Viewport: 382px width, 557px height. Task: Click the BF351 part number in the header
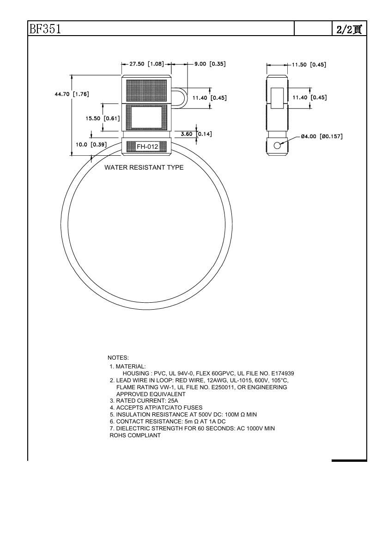(45, 29)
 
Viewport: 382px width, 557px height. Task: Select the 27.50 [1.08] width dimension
(146, 64)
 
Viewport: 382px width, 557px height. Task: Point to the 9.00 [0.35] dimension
(210, 64)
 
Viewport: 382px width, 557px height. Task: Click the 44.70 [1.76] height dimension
(72, 94)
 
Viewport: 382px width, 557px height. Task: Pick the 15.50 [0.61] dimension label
(103, 118)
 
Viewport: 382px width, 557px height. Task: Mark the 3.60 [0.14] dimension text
(196, 134)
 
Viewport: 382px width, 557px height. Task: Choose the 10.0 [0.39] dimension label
(91, 145)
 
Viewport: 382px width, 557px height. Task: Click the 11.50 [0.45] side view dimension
(309, 65)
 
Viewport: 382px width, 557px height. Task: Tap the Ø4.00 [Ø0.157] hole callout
(321, 136)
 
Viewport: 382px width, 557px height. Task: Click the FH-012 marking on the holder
(147, 147)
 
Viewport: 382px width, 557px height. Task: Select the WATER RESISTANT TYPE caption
(144, 167)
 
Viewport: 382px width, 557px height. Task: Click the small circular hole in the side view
(277, 146)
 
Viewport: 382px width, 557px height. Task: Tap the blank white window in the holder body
(146, 117)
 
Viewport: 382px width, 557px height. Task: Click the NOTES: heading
(118, 358)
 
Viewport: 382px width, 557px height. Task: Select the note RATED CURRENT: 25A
(144, 401)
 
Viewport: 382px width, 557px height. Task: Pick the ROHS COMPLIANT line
(135, 435)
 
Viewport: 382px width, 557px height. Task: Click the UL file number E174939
(283, 373)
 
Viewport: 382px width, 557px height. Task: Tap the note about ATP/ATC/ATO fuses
(156, 408)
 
